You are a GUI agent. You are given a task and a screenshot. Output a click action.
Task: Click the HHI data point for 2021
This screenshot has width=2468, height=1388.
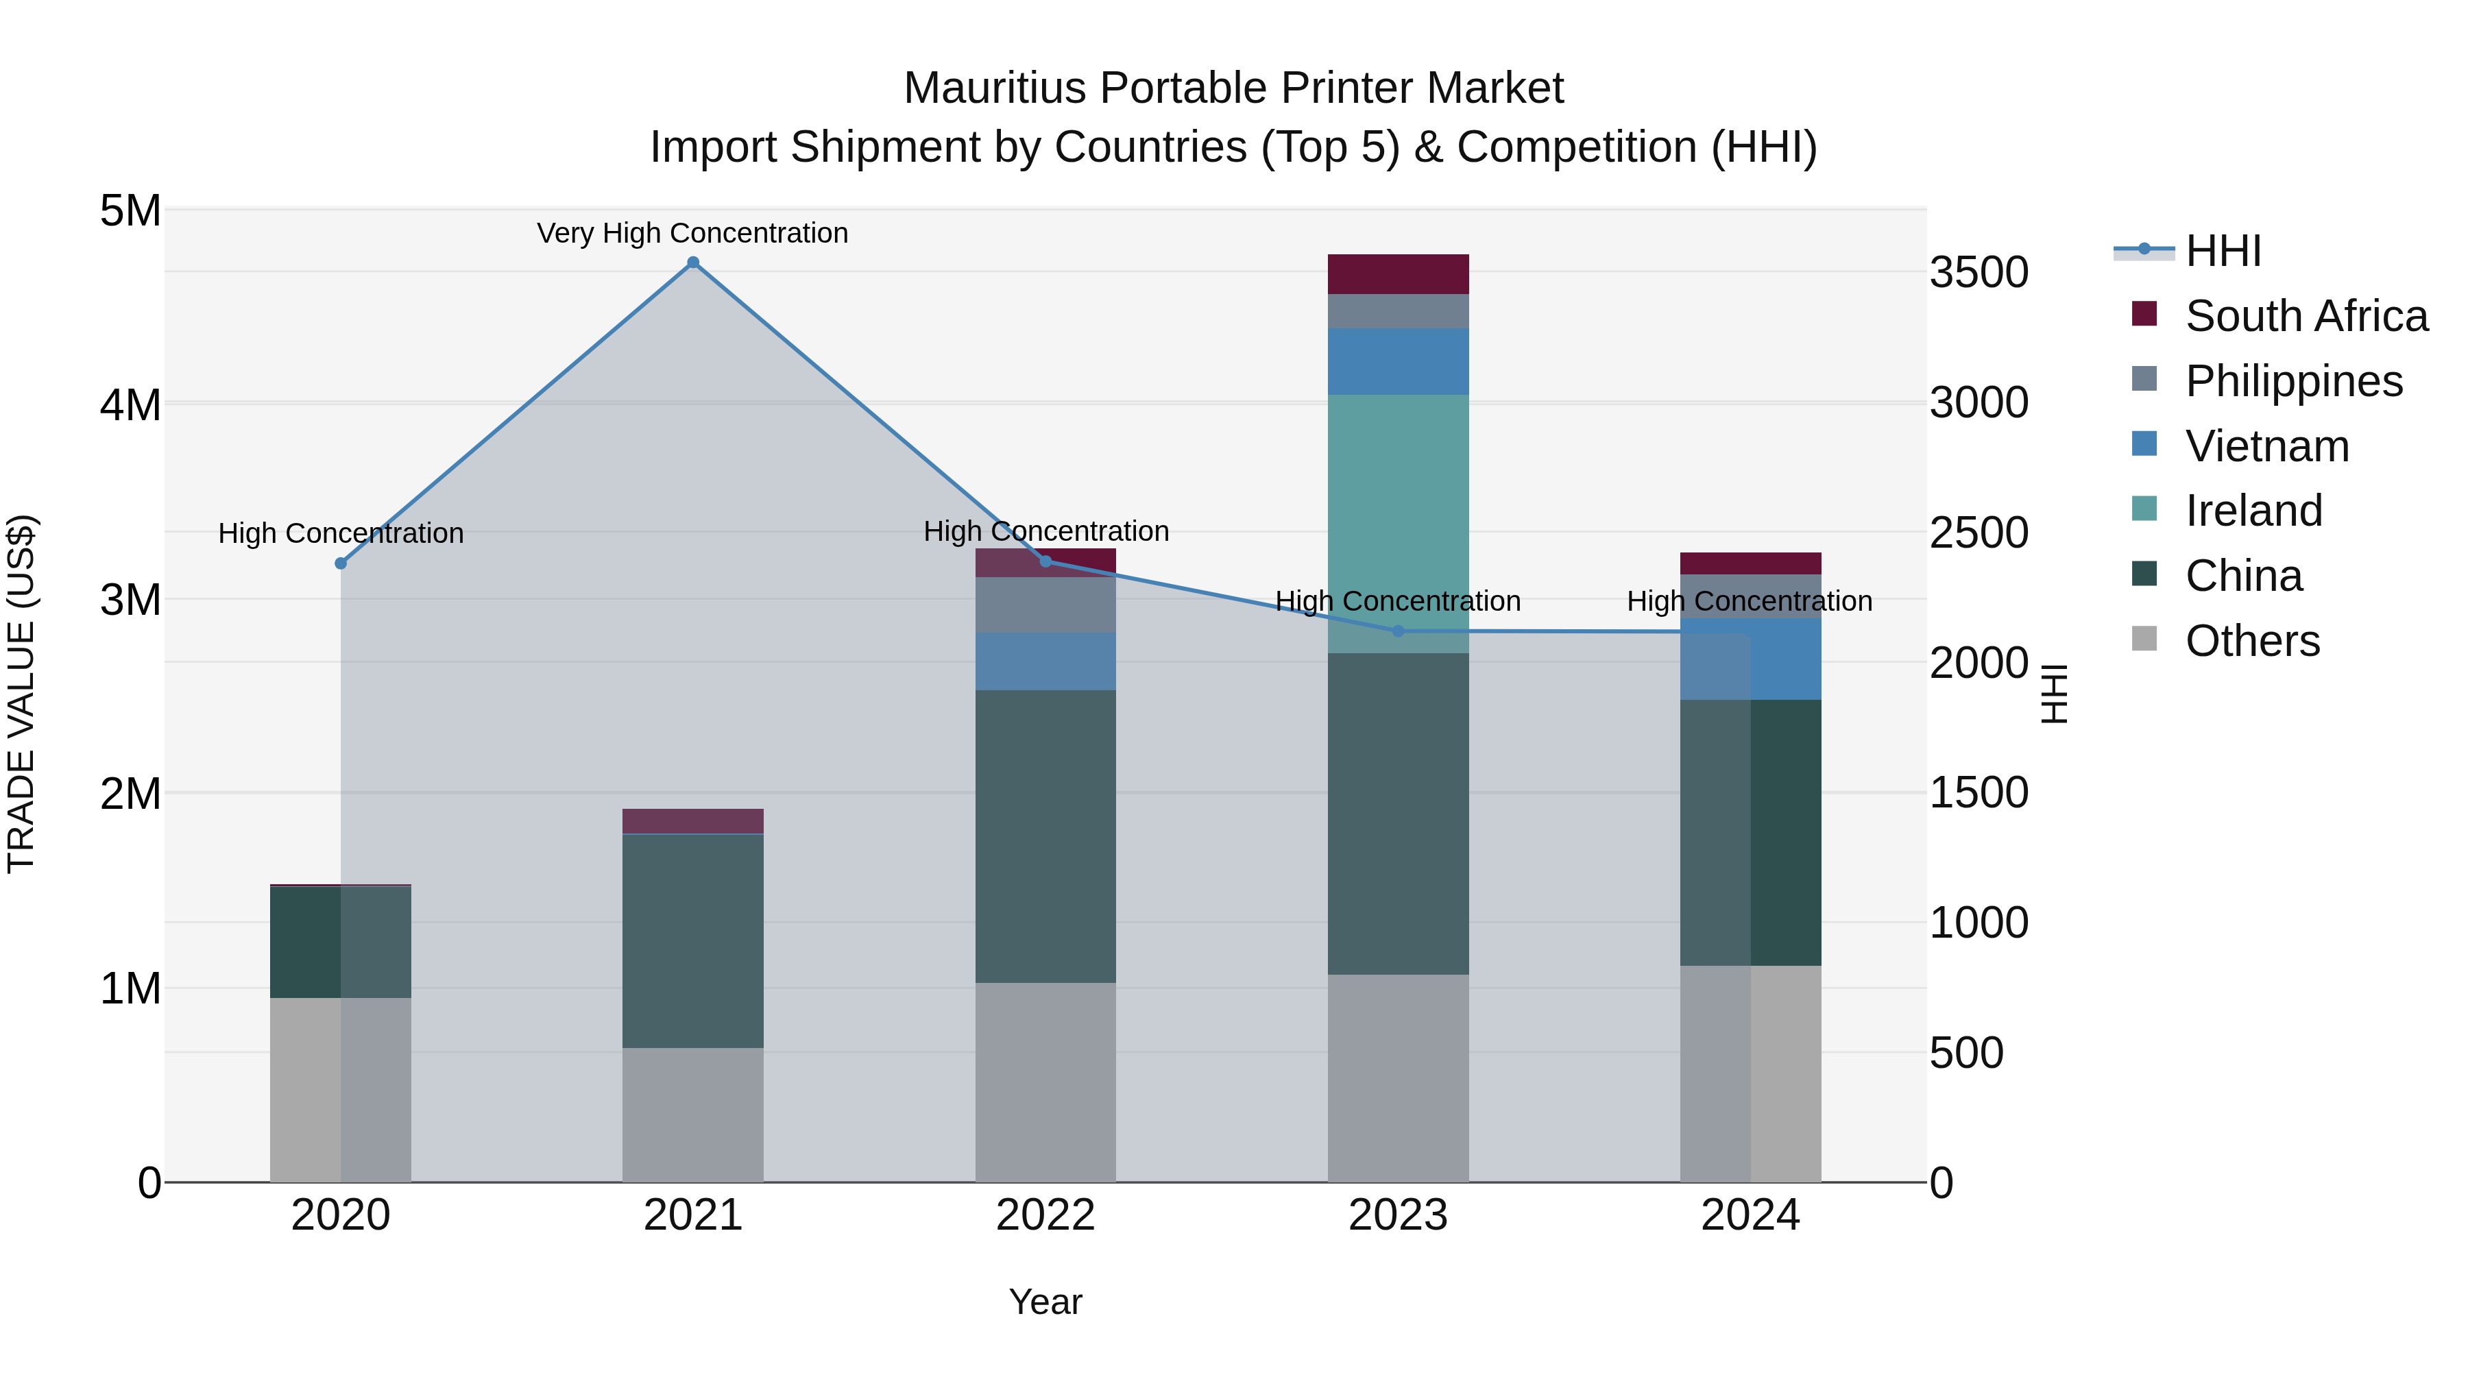692,263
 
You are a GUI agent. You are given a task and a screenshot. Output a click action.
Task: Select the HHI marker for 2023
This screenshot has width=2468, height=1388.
1398,631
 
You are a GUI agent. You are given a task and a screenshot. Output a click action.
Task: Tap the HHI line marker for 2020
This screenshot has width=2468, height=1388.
341,563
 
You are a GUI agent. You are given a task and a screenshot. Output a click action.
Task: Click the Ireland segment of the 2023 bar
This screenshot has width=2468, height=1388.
1398,523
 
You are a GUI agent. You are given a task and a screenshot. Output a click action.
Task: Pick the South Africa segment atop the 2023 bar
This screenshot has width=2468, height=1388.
1398,274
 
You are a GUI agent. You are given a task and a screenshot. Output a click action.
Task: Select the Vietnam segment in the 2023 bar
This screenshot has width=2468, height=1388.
1398,361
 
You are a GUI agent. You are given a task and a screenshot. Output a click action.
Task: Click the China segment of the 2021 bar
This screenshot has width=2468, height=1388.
692,940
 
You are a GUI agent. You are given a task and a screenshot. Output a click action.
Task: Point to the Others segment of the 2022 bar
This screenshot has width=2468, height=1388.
1045,1082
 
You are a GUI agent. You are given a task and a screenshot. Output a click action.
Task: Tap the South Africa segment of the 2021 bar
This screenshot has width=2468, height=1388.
692,821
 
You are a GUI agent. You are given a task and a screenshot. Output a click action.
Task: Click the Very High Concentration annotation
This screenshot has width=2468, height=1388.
692,233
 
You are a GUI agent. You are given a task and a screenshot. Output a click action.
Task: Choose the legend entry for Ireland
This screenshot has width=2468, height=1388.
2253,511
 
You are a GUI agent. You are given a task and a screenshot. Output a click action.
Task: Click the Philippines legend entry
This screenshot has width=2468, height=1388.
2294,380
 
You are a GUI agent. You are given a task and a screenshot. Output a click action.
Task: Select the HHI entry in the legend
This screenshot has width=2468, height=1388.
2223,251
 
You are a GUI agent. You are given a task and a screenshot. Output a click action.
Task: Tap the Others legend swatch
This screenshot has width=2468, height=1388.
2144,639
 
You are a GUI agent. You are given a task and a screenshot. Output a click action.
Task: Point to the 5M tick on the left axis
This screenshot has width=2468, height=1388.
130,210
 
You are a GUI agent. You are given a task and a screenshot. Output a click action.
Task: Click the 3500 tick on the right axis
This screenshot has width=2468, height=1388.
1979,272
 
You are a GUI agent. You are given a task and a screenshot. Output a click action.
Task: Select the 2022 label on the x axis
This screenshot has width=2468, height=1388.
1045,1215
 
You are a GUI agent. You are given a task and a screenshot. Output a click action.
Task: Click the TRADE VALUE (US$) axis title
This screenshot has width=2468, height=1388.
21,694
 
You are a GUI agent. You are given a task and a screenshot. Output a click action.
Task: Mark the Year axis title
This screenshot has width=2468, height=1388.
1045,1302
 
